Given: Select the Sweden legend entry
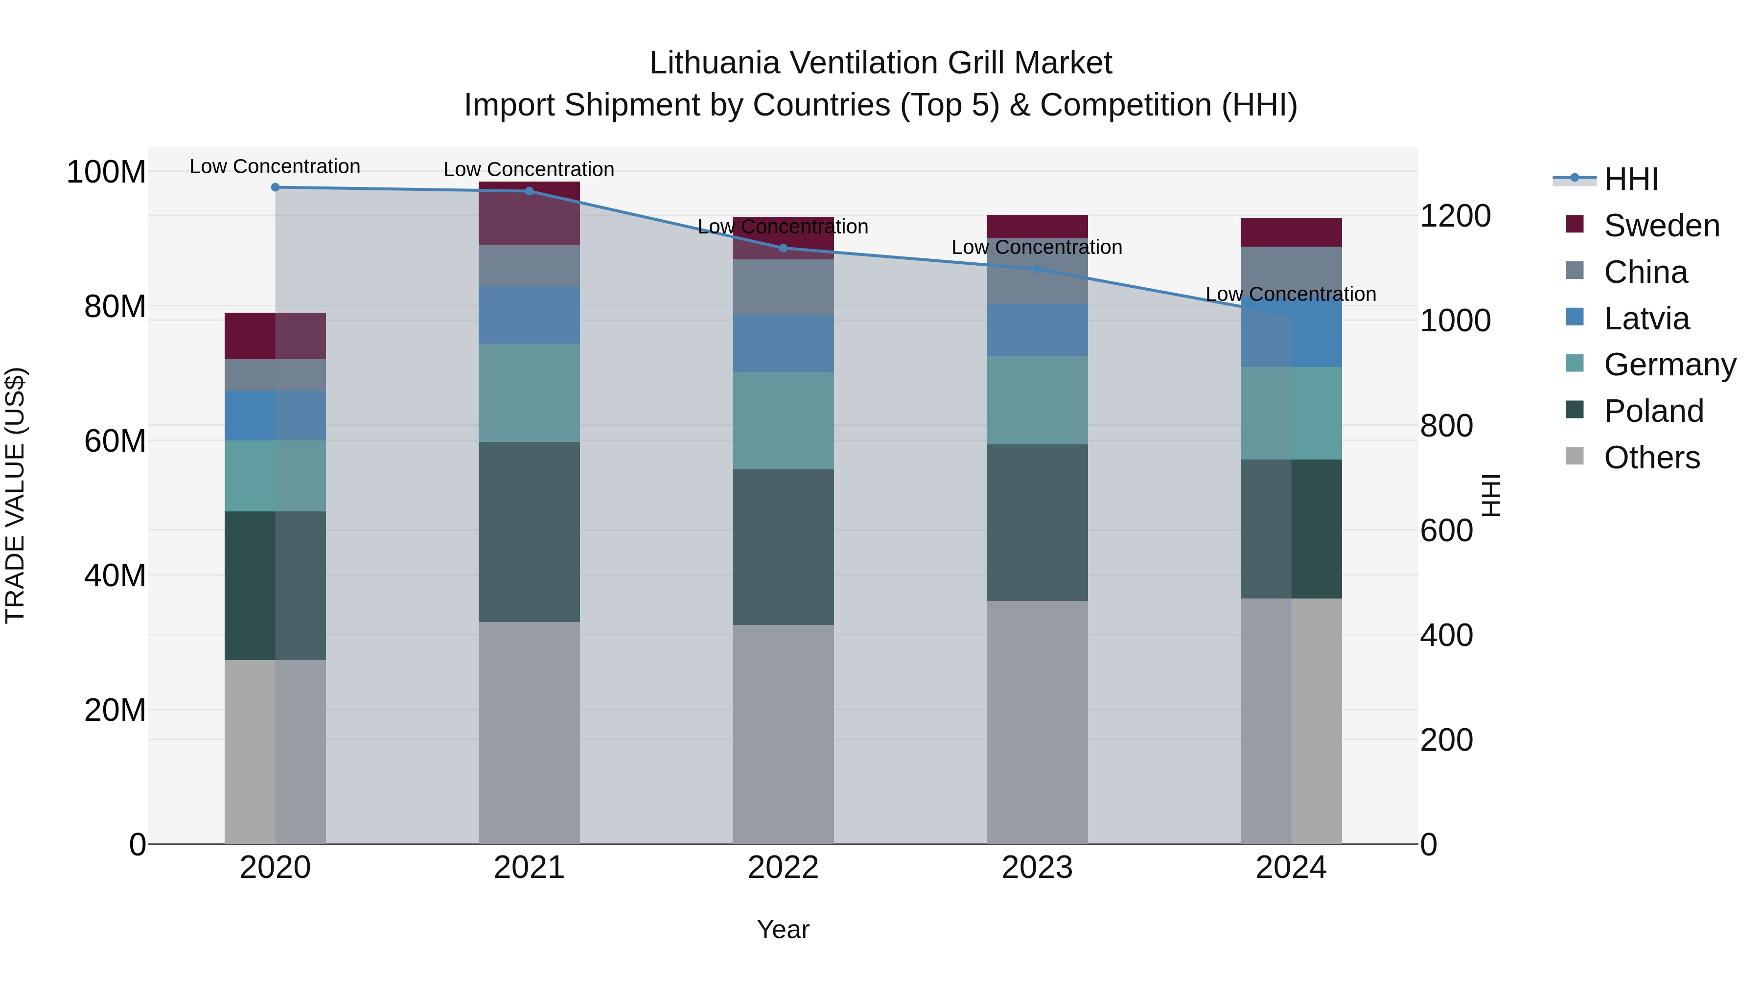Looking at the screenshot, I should (1661, 226).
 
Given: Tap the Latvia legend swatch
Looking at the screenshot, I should (1575, 317).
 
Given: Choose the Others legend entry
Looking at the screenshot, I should (1651, 458).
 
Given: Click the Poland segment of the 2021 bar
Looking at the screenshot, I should (529, 531).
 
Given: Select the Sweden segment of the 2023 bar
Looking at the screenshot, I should (1037, 227).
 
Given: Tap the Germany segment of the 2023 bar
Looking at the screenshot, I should (1037, 400).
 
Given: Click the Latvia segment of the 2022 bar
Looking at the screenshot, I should (783, 344).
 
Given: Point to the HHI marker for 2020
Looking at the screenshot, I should (276, 187).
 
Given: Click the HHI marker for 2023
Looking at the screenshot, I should (1037, 269).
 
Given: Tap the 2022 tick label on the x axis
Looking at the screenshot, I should (783, 868).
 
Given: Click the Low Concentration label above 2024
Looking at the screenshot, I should (1291, 294).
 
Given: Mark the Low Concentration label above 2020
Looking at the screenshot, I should (275, 166).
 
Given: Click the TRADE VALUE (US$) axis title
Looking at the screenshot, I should (16, 495).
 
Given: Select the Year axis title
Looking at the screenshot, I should (783, 929).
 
